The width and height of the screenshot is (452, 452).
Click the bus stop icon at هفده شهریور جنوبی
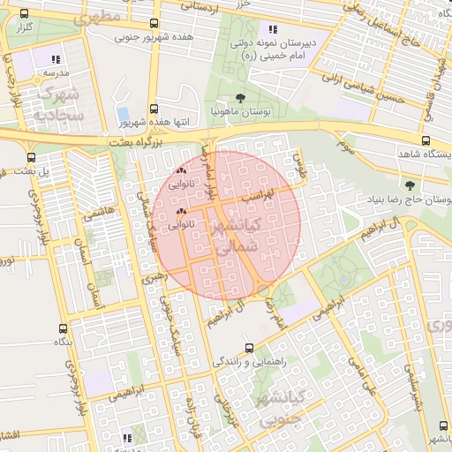(155, 24)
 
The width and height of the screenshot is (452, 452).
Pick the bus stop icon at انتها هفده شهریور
(155, 106)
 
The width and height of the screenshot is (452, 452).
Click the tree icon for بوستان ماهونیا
(240, 98)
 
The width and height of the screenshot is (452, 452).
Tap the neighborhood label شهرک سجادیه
(60, 103)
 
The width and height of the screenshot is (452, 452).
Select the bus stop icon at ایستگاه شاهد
(426, 140)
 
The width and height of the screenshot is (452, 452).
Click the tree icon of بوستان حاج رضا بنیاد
(409, 185)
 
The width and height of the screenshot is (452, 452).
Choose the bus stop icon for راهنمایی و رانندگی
(250, 348)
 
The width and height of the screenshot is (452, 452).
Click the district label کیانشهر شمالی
(240, 237)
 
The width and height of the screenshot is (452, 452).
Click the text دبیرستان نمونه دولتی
(273, 41)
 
